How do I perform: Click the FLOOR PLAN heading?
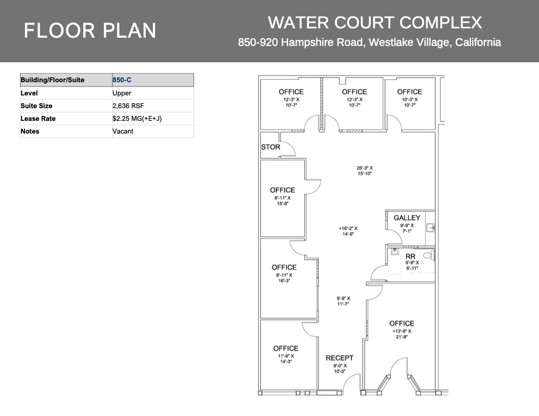click(x=90, y=31)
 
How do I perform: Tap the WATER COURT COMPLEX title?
click(x=375, y=23)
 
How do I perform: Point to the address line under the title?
click(x=369, y=43)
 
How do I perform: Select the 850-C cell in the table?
click(x=122, y=80)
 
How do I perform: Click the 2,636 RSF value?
click(x=128, y=106)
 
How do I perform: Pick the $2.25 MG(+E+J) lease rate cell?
click(x=137, y=118)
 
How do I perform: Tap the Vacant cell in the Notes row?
click(x=122, y=131)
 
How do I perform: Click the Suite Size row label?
click(x=36, y=106)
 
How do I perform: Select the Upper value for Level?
click(x=122, y=93)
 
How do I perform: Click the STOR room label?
click(x=270, y=147)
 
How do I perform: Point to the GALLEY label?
click(x=407, y=218)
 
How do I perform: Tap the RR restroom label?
click(x=410, y=256)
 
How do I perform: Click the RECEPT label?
click(x=339, y=358)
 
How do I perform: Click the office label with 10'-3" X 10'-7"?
click(x=409, y=92)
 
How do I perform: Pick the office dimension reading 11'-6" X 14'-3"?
click(x=286, y=359)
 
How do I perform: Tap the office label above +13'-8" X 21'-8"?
click(x=401, y=323)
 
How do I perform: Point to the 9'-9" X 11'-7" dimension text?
click(x=343, y=301)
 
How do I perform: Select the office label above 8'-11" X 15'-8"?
click(x=282, y=190)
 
